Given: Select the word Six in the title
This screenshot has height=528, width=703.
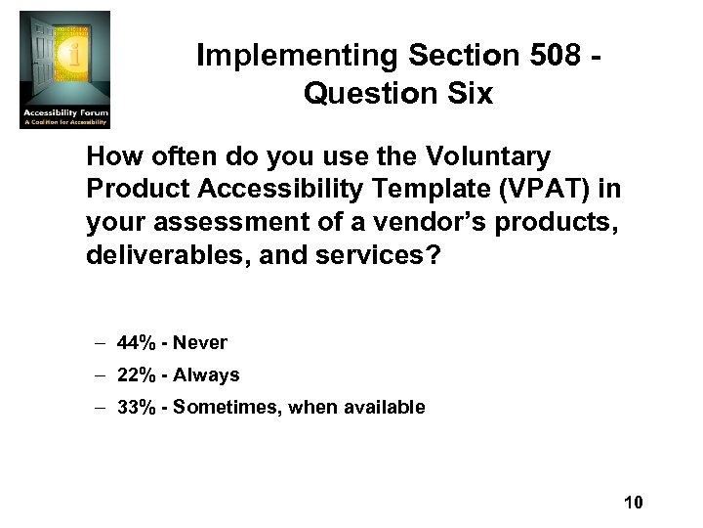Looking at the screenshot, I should tap(467, 94).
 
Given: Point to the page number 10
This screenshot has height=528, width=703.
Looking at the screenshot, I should tap(633, 503).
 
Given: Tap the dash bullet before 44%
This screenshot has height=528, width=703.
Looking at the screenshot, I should tap(101, 342).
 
